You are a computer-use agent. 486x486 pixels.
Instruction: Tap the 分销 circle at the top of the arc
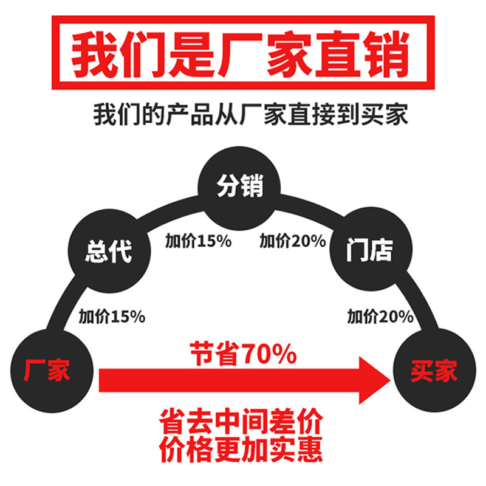tap(241, 186)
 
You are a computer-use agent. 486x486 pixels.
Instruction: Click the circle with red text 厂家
tap(47, 369)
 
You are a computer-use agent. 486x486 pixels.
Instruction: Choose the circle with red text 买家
tap(433, 371)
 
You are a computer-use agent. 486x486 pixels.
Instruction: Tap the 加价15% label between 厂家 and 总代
tap(111, 317)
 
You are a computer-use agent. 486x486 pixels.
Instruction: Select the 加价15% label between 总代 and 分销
tap(198, 241)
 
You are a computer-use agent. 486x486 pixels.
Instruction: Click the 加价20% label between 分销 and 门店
tap(293, 241)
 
